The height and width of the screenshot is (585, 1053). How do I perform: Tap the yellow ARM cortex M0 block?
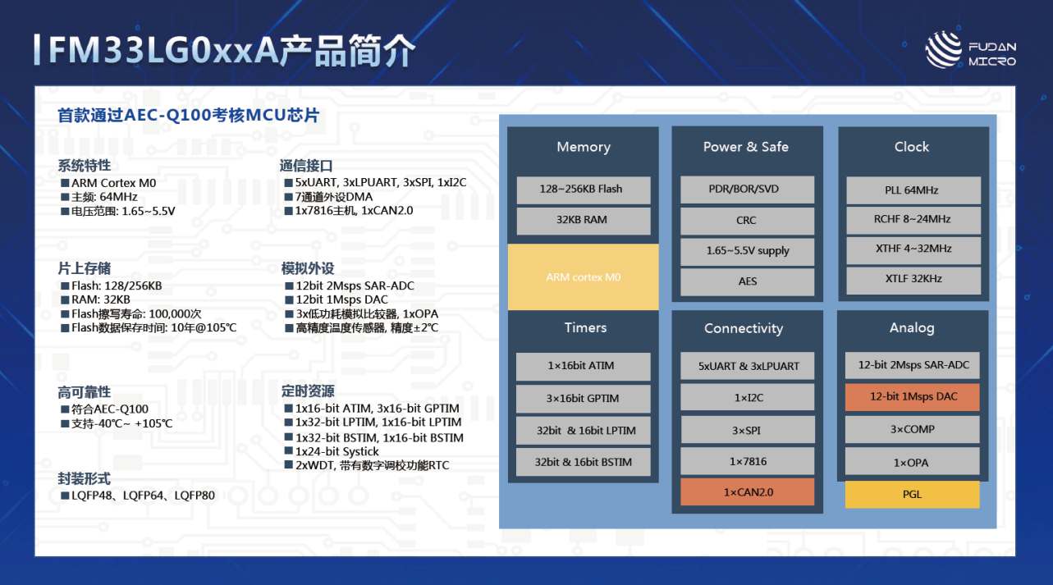(583, 277)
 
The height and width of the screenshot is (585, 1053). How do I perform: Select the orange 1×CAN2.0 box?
(748, 492)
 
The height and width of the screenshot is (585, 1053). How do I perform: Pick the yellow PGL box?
(912, 494)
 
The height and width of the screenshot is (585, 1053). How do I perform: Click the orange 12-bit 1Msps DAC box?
(913, 396)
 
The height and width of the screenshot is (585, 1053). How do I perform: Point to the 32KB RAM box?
(584, 220)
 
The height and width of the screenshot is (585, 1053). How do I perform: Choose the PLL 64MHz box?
(913, 190)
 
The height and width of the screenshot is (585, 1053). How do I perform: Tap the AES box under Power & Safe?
(748, 281)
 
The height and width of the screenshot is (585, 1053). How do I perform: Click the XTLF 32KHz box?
(913, 279)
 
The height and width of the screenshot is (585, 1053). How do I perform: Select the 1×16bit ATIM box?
(583, 366)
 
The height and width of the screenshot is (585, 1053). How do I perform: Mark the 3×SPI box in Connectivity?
(748, 430)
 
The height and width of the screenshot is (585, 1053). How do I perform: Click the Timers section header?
(585, 327)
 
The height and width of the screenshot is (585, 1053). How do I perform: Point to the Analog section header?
(912, 327)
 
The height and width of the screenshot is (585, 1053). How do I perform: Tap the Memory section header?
(584, 147)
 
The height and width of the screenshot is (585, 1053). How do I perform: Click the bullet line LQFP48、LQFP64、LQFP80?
(138, 496)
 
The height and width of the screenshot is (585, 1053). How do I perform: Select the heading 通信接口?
(306, 166)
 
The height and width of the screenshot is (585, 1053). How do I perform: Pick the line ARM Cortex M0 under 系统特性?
(108, 183)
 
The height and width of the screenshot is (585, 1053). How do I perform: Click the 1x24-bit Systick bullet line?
(332, 451)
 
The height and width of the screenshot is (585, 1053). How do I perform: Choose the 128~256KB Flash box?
(584, 190)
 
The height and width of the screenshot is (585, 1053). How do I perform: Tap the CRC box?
(748, 221)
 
